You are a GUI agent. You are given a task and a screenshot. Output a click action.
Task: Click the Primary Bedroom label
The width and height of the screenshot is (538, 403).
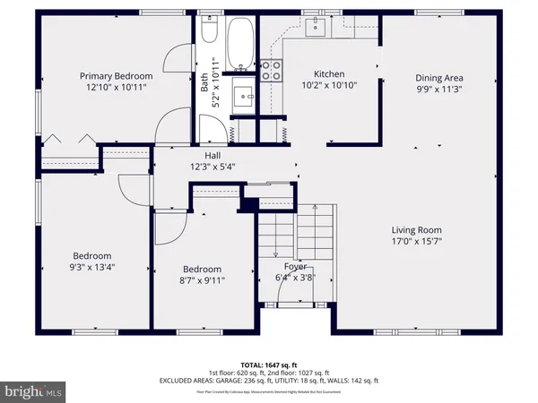pyautogui.click(x=115, y=76)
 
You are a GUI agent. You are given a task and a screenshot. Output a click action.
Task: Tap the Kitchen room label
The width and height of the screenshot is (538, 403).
pyautogui.click(x=328, y=74)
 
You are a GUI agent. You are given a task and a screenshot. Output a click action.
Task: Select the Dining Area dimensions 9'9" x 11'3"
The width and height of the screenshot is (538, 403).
pyautogui.click(x=440, y=90)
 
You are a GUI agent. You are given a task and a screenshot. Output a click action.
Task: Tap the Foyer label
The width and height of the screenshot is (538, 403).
pyautogui.click(x=296, y=266)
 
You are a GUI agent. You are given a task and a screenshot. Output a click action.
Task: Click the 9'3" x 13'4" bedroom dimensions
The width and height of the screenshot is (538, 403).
pyautogui.click(x=92, y=267)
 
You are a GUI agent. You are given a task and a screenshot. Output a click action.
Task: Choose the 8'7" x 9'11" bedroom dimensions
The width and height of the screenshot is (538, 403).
pyautogui.click(x=202, y=280)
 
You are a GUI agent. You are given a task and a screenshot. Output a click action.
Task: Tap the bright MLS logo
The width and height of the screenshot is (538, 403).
pyautogui.click(x=34, y=391)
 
